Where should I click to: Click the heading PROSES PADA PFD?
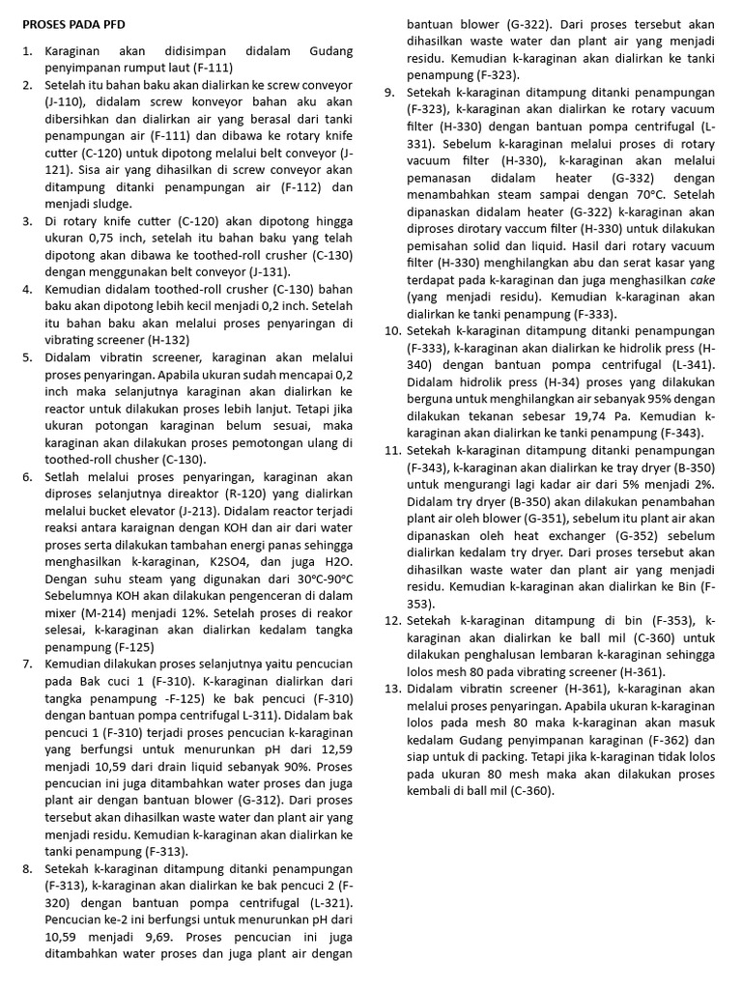click(x=73, y=22)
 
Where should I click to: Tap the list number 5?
click(x=27, y=357)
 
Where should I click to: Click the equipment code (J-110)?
click(x=66, y=102)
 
